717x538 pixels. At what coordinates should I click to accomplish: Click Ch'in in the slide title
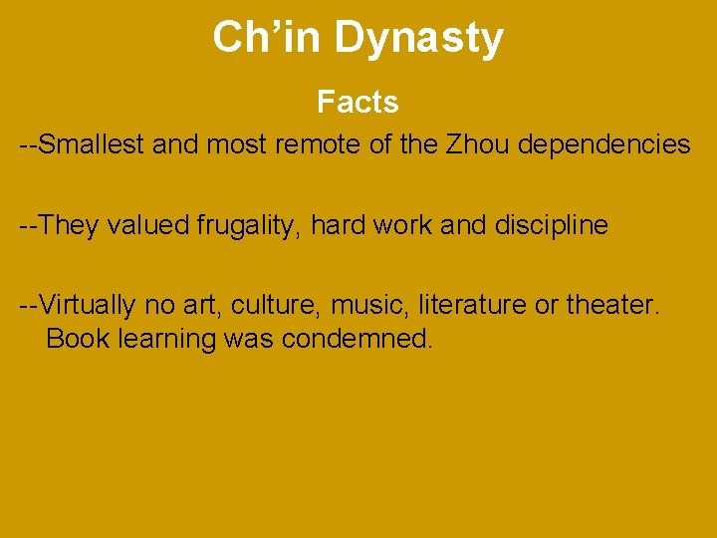pos(269,38)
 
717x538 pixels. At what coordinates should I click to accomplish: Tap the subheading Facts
pos(358,102)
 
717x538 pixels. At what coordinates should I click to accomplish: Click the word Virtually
pos(89,304)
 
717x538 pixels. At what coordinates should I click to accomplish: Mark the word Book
pos(78,339)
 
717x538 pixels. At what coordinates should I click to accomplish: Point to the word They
pos(69,225)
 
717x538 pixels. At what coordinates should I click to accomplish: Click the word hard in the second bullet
pos(337,225)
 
